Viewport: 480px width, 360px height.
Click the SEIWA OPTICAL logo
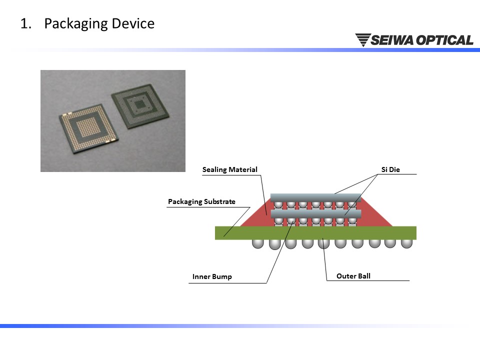click(414, 40)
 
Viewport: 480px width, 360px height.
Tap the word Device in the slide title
click(133, 23)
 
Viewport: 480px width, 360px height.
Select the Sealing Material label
click(230, 169)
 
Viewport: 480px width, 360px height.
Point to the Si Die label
click(390, 169)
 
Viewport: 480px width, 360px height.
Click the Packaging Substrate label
click(201, 201)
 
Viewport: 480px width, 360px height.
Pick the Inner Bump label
click(212, 276)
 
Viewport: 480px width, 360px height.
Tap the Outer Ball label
click(353, 276)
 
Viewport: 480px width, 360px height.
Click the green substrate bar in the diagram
click(315, 232)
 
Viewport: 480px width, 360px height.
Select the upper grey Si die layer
click(315, 197)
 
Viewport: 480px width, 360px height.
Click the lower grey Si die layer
click(316, 213)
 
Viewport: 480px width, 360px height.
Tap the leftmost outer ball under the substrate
click(258, 243)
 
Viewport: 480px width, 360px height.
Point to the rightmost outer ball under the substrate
click(406, 243)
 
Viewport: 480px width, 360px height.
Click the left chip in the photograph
click(89, 128)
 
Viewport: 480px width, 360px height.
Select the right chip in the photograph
click(140, 106)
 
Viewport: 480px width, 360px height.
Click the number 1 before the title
click(24, 24)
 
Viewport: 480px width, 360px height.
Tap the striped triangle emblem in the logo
click(363, 40)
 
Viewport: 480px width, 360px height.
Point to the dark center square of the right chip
click(140, 105)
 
